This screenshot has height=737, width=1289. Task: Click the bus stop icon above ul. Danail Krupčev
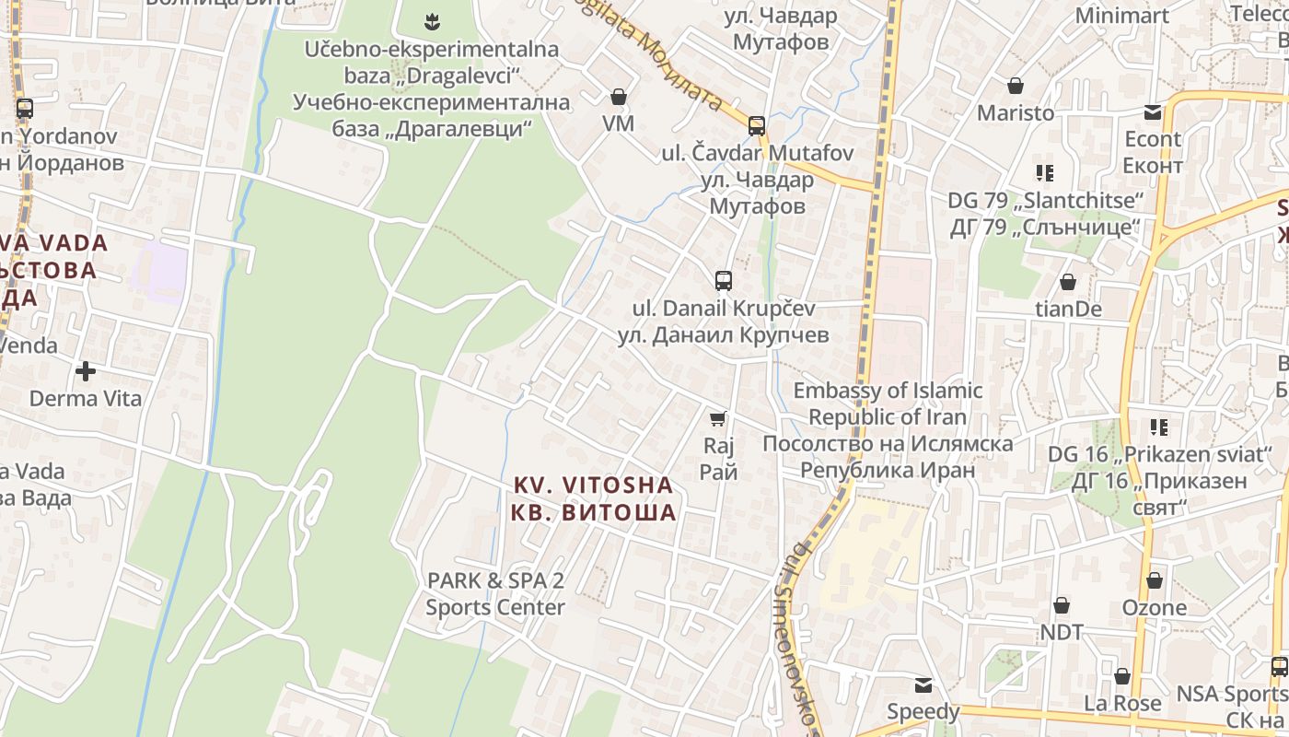[724, 280]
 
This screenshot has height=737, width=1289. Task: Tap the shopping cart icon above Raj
[718, 419]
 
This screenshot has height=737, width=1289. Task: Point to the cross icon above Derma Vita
[86, 371]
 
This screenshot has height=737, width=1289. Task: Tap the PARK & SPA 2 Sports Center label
[495, 594]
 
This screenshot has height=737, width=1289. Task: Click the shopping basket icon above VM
[618, 97]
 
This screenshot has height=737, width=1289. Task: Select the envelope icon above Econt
[1153, 112]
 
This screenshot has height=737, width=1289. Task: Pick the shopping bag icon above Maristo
[1016, 87]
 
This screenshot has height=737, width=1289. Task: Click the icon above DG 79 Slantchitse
[1044, 172]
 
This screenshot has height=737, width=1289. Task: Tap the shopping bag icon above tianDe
[1068, 282]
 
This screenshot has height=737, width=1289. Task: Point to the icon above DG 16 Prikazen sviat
[1158, 427]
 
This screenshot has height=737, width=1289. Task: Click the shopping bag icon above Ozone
[1154, 581]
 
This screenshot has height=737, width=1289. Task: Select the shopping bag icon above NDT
[1061, 605]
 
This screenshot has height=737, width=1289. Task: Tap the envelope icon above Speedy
[923, 685]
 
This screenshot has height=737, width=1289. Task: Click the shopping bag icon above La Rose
[1121, 677]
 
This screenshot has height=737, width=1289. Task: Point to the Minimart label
[1122, 16]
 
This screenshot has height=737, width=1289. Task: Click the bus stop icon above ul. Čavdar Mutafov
[757, 125]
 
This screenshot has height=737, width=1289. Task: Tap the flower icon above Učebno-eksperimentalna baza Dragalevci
[431, 20]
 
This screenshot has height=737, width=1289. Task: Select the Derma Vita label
[86, 399]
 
